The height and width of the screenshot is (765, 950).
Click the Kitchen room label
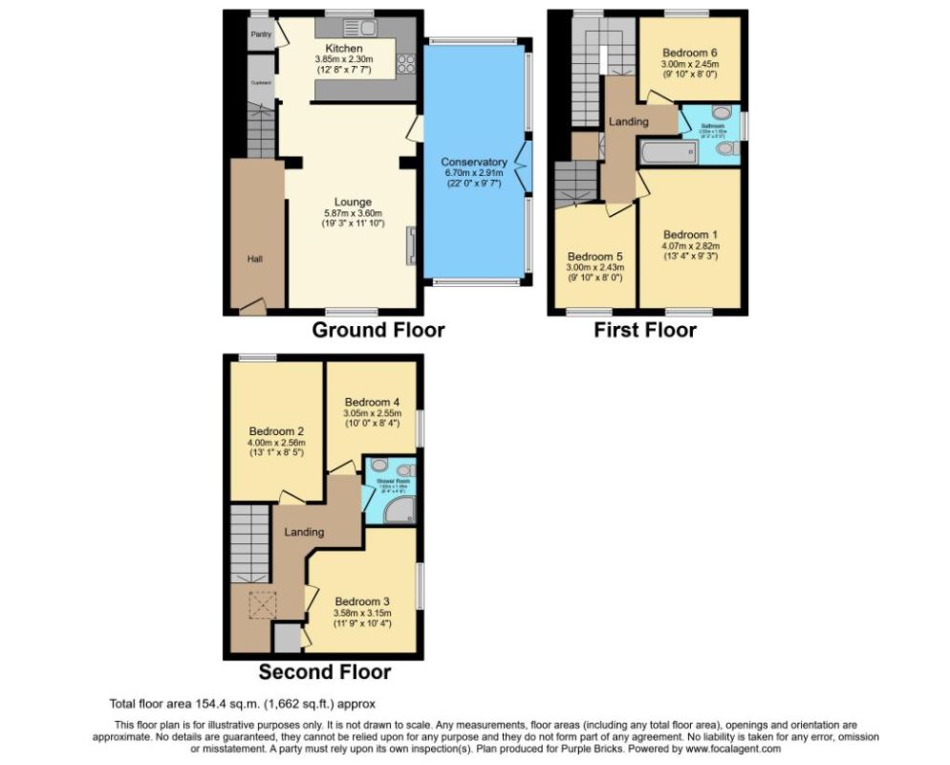point(343,48)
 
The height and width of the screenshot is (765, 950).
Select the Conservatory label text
point(473,162)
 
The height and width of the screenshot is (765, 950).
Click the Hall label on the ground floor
point(255,259)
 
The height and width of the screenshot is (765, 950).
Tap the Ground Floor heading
point(378,331)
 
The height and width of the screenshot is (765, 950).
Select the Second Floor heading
point(324,671)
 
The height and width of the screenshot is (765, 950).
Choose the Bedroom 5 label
point(594,256)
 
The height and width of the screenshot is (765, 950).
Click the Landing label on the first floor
point(628,121)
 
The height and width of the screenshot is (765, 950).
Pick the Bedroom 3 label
point(361,601)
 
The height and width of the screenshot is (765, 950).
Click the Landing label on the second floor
point(304,532)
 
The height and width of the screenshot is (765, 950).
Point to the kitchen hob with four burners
point(405,64)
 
